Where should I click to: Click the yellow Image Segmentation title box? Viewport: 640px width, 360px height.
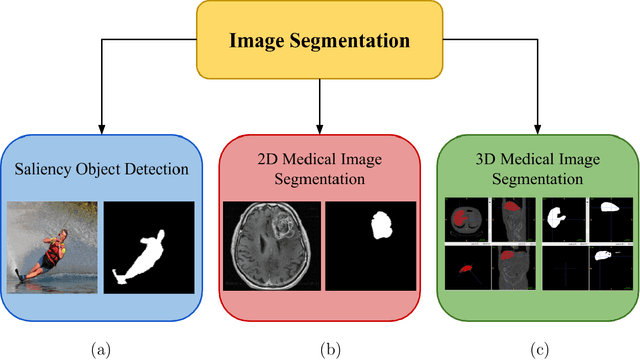[319, 41]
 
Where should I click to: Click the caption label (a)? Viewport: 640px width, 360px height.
[100, 349]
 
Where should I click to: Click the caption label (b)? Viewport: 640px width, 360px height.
[329, 349]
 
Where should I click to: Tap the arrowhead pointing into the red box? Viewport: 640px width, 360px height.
[319, 126]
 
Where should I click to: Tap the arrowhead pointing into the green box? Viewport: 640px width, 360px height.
[536, 126]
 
